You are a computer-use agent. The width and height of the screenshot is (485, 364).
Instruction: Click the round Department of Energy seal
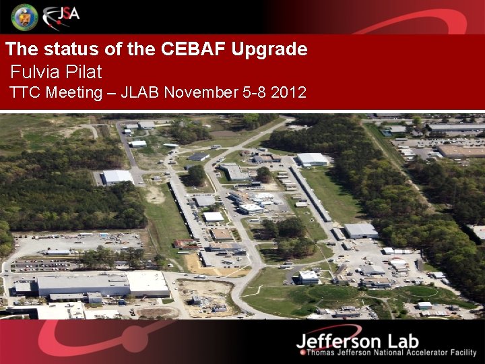coord(25,16)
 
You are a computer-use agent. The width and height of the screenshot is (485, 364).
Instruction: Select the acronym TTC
coord(26,92)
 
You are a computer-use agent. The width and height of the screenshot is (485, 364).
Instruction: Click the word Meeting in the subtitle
coord(74,92)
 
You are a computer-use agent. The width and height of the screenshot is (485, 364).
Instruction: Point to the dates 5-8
coord(253,92)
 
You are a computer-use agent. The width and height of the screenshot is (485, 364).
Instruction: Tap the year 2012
coord(288,92)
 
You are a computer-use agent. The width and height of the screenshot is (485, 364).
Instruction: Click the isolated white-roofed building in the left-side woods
coord(118,177)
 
